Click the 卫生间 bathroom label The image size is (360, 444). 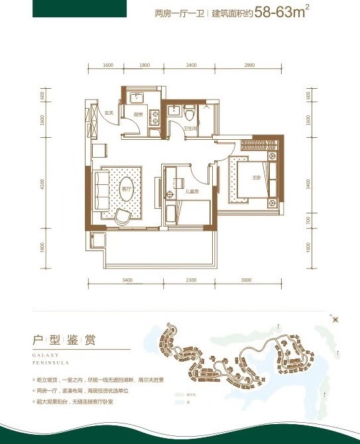[x=190, y=129]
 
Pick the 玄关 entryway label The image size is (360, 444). [x=109, y=113]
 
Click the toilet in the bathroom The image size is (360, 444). [x=189, y=110]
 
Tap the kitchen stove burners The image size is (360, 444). [x=156, y=117]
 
